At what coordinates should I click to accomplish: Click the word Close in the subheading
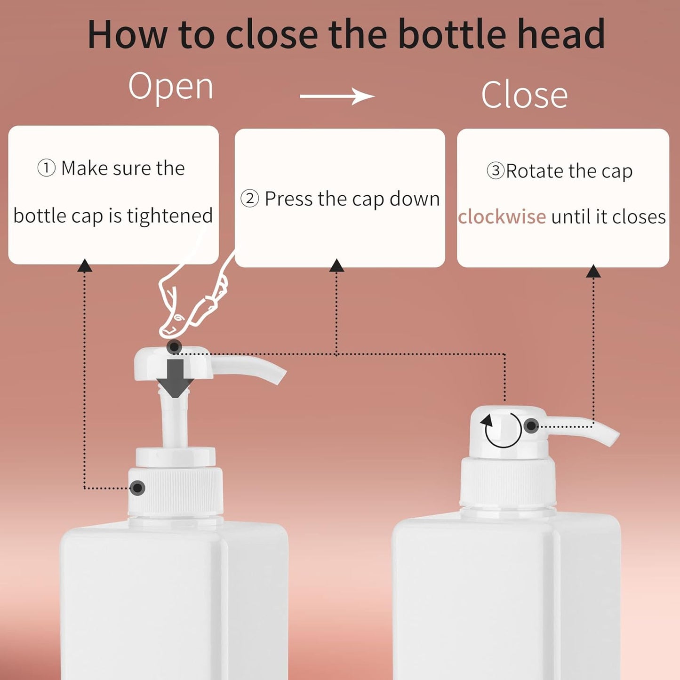pyautogui.click(x=524, y=96)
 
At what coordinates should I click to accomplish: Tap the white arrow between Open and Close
pyautogui.click(x=337, y=96)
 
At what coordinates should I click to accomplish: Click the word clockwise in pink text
pyautogui.click(x=502, y=217)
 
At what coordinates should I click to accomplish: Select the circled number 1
pyautogui.click(x=46, y=168)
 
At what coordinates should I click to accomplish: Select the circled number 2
pyautogui.click(x=249, y=199)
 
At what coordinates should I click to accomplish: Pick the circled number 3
pyautogui.click(x=496, y=170)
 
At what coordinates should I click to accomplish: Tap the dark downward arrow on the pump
pyautogui.click(x=175, y=377)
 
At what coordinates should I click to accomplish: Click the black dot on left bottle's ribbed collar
pyautogui.click(x=137, y=488)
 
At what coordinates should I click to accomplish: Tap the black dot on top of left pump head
pyautogui.click(x=174, y=347)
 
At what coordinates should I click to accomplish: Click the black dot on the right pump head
pyautogui.click(x=531, y=426)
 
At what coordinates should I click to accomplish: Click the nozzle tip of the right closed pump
pyautogui.click(x=612, y=438)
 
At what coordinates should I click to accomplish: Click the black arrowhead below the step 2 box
pyautogui.click(x=336, y=266)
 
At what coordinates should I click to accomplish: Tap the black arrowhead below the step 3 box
pyautogui.click(x=593, y=272)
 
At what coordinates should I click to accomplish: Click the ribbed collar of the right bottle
pyautogui.click(x=508, y=482)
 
